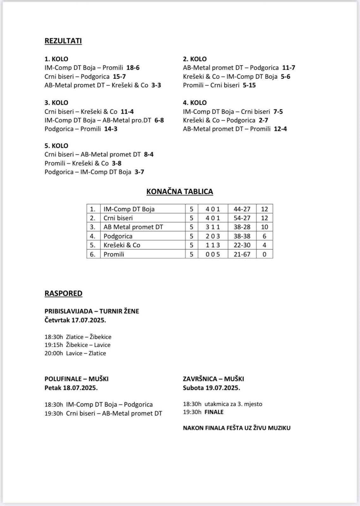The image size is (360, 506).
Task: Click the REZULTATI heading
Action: click(x=63, y=41)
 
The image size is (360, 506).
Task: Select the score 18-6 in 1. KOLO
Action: click(x=133, y=68)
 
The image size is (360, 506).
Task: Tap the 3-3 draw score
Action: click(x=156, y=85)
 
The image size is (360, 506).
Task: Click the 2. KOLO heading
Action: click(x=195, y=59)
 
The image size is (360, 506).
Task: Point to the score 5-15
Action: click(x=249, y=85)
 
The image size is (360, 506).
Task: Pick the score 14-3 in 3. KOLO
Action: click(x=111, y=129)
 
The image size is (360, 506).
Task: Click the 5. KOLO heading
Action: click(x=56, y=146)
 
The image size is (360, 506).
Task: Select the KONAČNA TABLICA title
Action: click(x=180, y=192)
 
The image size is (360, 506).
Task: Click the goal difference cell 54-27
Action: click(x=242, y=218)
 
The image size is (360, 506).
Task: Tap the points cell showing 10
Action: click(x=264, y=227)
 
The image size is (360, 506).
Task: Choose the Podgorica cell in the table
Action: click(x=118, y=236)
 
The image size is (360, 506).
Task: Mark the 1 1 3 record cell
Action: click(x=213, y=245)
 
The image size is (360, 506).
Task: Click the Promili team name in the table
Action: click(x=114, y=254)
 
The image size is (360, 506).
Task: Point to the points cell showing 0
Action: click(x=264, y=254)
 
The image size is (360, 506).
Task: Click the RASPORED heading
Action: click(x=63, y=293)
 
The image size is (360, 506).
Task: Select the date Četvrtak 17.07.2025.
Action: click(x=75, y=320)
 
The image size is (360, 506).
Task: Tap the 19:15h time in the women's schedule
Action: click(x=54, y=345)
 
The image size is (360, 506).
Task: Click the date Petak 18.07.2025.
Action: click(x=71, y=388)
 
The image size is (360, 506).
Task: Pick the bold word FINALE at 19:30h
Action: click(x=214, y=412)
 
